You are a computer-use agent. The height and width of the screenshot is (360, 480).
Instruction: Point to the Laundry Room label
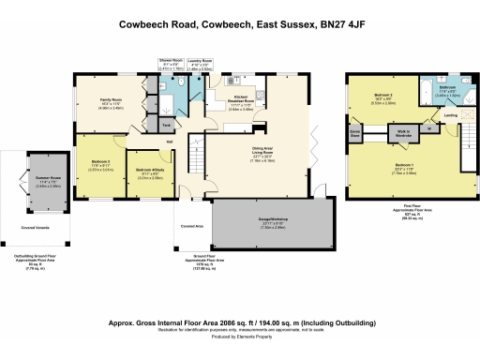201,59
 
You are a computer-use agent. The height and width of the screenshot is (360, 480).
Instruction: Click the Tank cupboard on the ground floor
166,124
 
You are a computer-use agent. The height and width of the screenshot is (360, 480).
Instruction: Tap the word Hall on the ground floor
170,142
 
